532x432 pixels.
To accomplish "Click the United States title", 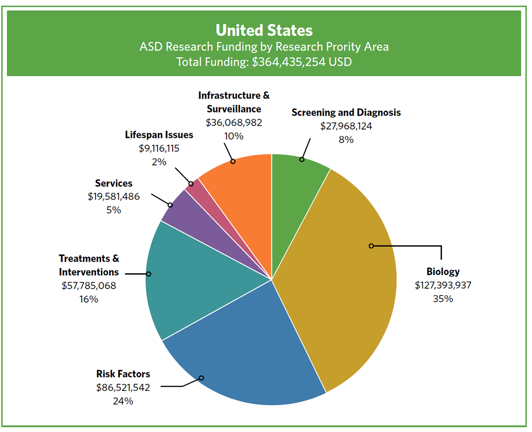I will [264, 30].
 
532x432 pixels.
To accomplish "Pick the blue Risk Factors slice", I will [242, 358].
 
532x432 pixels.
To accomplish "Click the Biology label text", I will [443, 271].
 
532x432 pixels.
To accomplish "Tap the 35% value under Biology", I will [443, 298].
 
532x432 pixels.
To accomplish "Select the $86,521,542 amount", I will [123, 387].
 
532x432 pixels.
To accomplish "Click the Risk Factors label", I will [123, 374].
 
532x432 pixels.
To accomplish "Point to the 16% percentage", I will [89, 299].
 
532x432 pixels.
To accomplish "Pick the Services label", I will [114, 183].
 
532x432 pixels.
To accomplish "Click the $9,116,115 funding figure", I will [159, 149].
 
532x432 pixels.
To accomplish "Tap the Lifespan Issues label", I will [159, 135].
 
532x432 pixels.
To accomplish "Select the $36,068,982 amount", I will [234, 122].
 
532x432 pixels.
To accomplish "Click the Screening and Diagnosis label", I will [346, 113].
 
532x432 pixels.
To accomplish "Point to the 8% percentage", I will [346, 140].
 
